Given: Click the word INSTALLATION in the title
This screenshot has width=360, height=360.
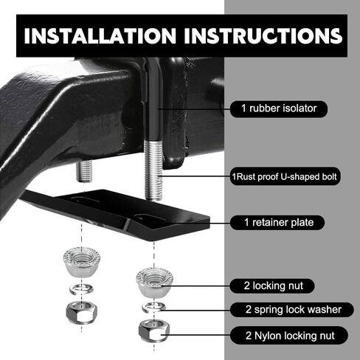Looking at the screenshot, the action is (100, 36).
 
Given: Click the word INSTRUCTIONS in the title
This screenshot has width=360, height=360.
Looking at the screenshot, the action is (263, 36).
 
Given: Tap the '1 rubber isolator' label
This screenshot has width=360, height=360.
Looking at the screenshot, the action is (279, 108).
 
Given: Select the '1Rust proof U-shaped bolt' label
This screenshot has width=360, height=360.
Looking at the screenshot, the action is (285, 176).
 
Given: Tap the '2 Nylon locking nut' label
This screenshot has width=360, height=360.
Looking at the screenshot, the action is (289, 336).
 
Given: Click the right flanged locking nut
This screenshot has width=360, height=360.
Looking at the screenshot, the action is (154, 283).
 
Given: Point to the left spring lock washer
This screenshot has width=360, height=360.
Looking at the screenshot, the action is (81, 289).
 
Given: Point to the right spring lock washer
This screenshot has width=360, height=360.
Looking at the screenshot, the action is (154, 307).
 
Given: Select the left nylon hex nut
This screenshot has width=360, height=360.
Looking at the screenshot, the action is (82, 312).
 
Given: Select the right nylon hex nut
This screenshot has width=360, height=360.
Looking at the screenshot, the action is (154, 330).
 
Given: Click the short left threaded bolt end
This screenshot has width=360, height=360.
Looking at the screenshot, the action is (84, 171).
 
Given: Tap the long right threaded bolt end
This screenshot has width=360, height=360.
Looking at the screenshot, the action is (153, 170).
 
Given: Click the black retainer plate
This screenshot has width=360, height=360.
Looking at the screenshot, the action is (116, 213).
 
